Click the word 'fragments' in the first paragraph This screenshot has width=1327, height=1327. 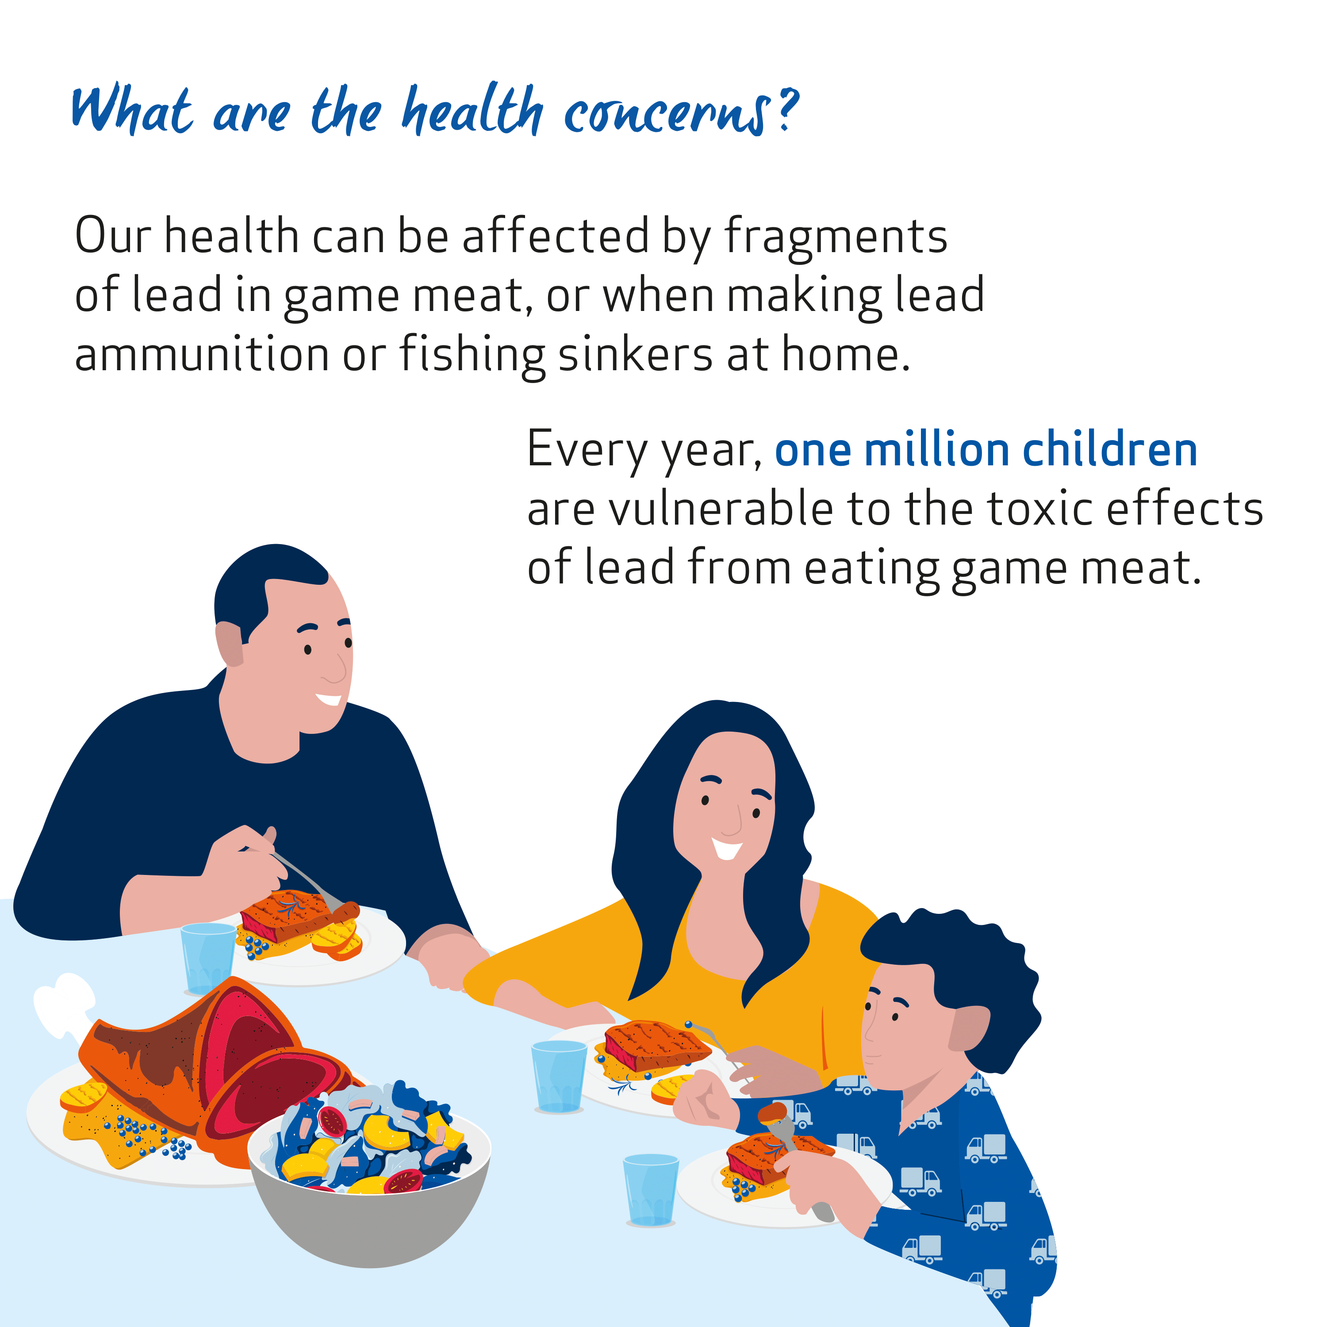tap(836, 237)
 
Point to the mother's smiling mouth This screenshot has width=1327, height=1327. tap(727, 849)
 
